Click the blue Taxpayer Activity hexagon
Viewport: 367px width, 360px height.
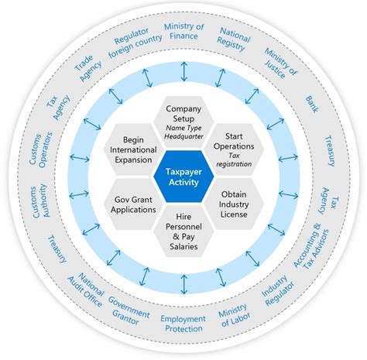183,179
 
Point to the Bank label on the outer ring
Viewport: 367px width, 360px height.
310,102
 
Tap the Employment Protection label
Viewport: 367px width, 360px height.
183,325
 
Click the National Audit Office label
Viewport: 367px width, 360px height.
89,290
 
